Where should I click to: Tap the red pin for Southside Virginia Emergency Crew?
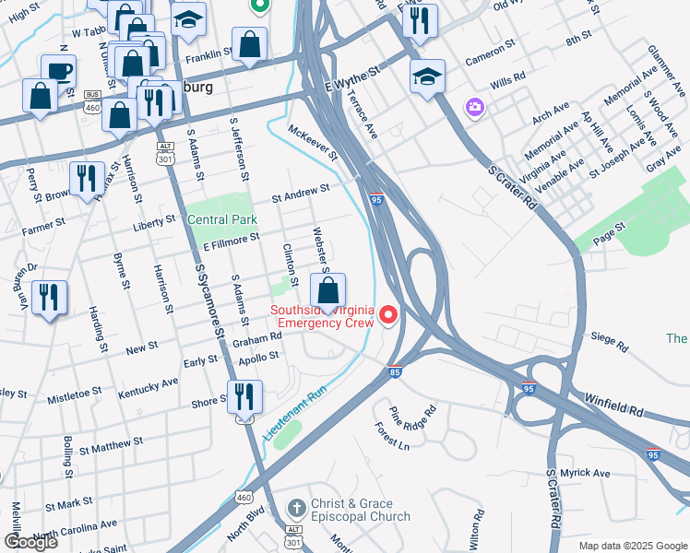(x=388, y=316)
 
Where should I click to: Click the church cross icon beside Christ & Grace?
(x=296, y=508)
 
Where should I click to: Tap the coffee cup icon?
(x=58, y=70)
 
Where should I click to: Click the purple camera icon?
(x=474, y=108)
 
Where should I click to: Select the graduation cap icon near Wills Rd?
(x=427, y=76)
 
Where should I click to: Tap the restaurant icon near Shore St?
(x=244, y=396)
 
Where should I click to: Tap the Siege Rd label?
(x=610, y=346)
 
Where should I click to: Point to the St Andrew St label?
(x=300, y=191)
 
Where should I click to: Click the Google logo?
(x=31, y=541)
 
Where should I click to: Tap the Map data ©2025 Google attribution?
(x=632, y=546)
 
